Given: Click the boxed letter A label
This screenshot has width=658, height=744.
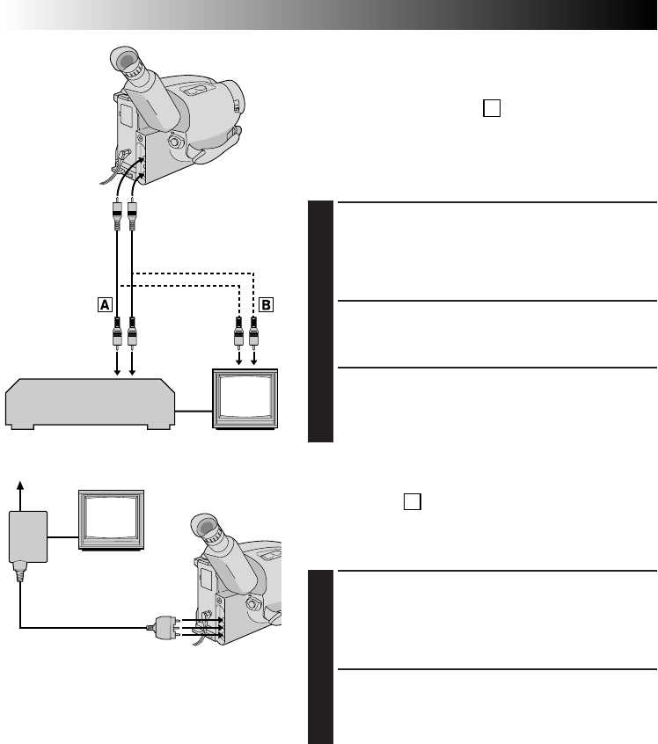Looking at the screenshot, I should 105,305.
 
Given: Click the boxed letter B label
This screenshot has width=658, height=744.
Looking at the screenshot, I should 267,305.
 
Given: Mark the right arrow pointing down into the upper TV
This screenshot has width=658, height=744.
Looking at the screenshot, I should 253,356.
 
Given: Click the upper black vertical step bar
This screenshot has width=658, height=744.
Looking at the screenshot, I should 321,322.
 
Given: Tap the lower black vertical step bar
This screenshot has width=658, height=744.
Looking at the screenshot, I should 321,656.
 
